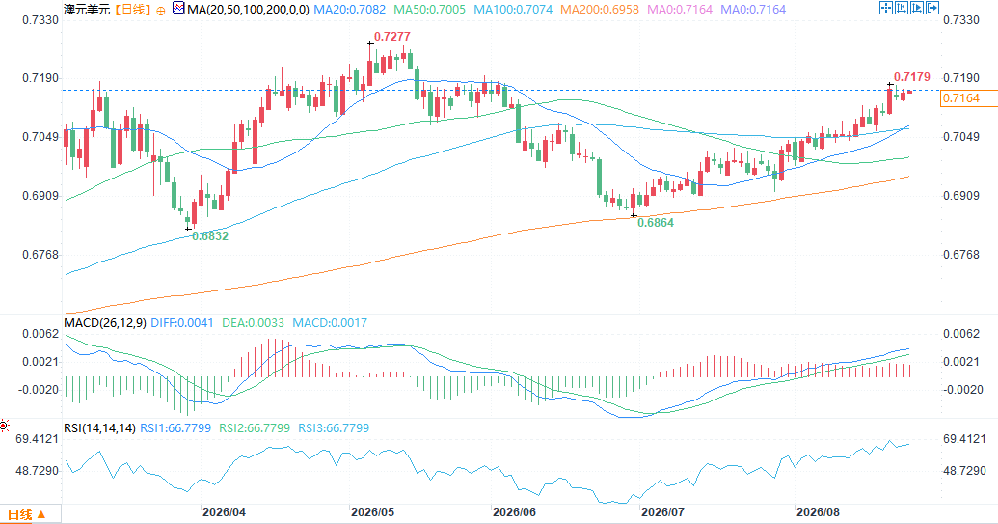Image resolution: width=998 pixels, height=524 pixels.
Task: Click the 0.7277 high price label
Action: [x=392, y=37]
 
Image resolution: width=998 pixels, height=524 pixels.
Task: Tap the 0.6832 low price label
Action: [x=210, y=236]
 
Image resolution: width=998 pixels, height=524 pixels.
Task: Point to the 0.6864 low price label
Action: [x=656, y=223]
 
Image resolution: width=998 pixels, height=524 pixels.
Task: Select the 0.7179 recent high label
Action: [x=912, y=77]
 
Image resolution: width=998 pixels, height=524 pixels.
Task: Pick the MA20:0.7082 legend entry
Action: [x=349, y=10]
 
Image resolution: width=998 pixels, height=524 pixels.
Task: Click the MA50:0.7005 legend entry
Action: [x=430, y=10]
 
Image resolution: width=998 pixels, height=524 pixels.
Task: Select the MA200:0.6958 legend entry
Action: [x=600, y=10]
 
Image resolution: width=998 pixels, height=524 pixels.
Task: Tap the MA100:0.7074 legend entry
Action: [x=513, y=10]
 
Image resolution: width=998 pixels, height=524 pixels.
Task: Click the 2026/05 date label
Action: [x=372, y=512]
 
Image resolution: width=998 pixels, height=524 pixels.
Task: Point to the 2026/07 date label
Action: [x=662, y=512]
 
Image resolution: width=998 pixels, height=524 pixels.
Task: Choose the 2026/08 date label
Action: [x=818, y=512]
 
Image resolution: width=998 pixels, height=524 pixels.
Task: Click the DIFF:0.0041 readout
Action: [x=182, y=323]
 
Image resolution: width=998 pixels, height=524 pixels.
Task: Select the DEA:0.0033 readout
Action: [x=253, y=323]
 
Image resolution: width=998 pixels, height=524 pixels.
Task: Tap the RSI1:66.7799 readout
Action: [x=175, y=428]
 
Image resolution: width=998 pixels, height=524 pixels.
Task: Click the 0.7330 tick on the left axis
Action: [x=40, y=20]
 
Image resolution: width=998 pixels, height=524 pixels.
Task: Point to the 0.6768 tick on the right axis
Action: [x=961, y=255]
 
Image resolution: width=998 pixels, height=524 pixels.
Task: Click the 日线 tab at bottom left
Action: [x=26, y=514]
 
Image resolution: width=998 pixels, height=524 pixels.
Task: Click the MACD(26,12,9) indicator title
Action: [x=105, y=323]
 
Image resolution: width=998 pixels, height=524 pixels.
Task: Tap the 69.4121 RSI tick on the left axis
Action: [x=37, y=439]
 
